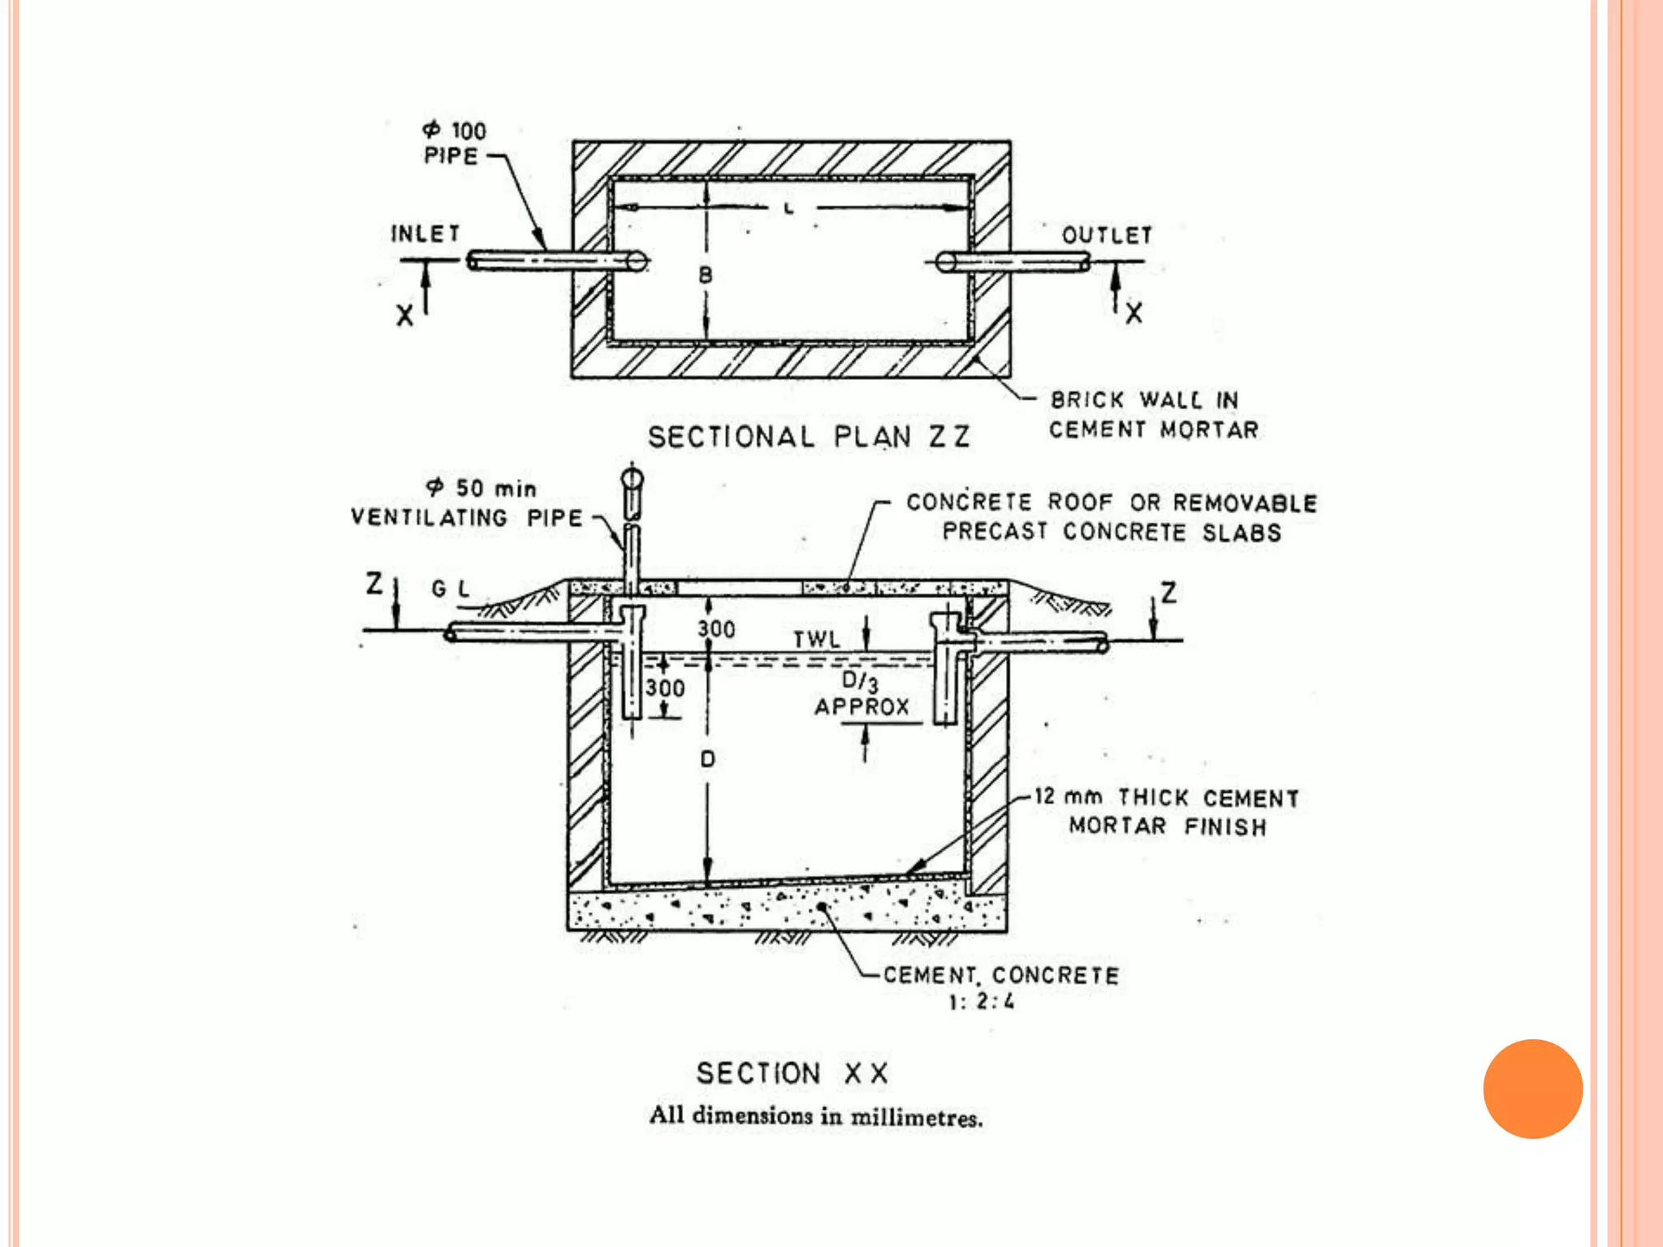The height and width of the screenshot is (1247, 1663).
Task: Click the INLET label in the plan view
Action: (x=425, y=234)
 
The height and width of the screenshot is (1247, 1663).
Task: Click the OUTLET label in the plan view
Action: (x=1107, y=235)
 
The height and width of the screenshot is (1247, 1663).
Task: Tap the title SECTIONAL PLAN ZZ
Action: (x=809, y=437)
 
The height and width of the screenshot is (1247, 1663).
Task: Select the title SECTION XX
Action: (x=793, y=1073)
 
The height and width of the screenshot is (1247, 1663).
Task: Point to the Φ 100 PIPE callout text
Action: (x=455, y=143)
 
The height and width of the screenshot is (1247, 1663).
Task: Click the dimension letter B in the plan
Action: (x=706, y=275)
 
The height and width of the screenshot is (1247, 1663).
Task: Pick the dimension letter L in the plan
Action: (x=788, y=209)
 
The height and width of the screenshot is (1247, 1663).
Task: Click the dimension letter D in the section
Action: (x=708, y=759)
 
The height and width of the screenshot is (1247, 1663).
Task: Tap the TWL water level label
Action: (x=816, y=639)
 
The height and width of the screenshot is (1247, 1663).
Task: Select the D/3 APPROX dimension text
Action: (x=862, y=694)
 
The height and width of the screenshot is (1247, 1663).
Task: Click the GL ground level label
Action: (x=450, y=589)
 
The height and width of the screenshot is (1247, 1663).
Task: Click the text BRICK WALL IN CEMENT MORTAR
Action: (x=1153, y=415)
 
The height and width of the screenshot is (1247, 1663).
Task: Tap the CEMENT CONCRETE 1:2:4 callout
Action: (x=1000, y=986)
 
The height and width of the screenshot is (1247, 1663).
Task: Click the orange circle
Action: (x=1532, y=1089)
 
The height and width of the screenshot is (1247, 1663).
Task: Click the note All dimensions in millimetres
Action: (x=815, y=1116)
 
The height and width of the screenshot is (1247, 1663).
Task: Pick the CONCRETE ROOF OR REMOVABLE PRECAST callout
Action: (x=1111, y=517)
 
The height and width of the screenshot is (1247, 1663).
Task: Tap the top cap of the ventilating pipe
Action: (x=632, y=479)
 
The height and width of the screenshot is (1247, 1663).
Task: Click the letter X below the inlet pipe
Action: (x=404, y=315)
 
